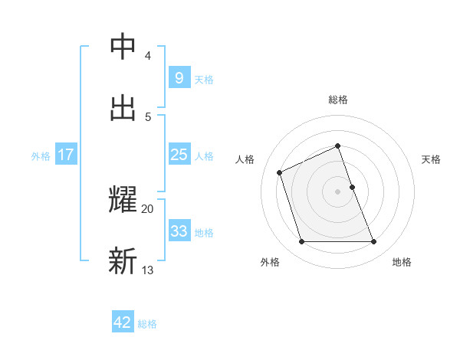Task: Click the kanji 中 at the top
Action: pos(123,47)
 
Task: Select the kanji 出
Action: pos(123,108)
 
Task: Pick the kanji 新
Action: pos(123,261)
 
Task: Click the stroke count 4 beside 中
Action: pos(147,56)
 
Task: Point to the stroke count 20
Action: pos(147,208)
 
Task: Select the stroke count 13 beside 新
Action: pos(147,270)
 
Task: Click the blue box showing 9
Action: pos(179,77)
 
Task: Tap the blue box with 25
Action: pos(179,155)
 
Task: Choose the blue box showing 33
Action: pos(179,231)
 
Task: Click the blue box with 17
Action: pos(66,155)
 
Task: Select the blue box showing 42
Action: pos(123,322)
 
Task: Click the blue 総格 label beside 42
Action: pos(147,324)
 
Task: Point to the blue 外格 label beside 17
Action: pos(41,155)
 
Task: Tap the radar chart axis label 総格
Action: pos(338,100)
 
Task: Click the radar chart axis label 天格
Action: pos(431,159)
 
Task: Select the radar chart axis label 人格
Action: pos(245,159)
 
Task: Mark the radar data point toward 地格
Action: pos(374,242)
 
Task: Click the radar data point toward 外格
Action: pos(301,242)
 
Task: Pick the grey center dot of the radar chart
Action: pos(338,191)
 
